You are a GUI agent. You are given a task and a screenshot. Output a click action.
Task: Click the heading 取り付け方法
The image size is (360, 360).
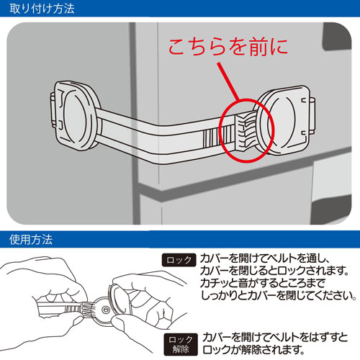click(x=42, y=9)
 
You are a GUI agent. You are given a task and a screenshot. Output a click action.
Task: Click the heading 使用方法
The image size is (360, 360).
click(x=31, y=240)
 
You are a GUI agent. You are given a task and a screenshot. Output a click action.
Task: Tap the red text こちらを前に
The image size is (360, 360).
click(x=228, y=47)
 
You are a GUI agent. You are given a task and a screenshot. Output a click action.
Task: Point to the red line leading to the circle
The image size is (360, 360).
click(x=228, y=81)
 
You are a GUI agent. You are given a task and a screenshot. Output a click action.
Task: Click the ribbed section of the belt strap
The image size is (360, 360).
click(x=217, y=138)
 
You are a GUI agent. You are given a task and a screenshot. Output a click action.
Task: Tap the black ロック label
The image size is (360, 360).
click(x=179, y=260)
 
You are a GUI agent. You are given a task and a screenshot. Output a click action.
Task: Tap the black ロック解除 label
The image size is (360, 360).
click(x=181, y=344)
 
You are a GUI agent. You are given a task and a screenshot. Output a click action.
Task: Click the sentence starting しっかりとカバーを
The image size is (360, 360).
click(x=279, y=296)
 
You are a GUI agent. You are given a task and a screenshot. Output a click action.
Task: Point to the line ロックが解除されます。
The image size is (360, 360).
click(x=253, y=349)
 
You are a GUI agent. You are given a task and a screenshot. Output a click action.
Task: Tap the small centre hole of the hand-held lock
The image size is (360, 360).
click(x=105, y=310)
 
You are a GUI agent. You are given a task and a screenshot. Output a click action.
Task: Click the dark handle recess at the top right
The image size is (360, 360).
click(x=336, y=37)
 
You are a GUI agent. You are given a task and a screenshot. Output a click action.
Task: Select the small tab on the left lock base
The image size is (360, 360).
click(x=54, y=110)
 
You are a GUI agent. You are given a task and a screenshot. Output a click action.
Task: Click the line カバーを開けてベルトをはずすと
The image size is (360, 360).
click(x=275, y=338)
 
